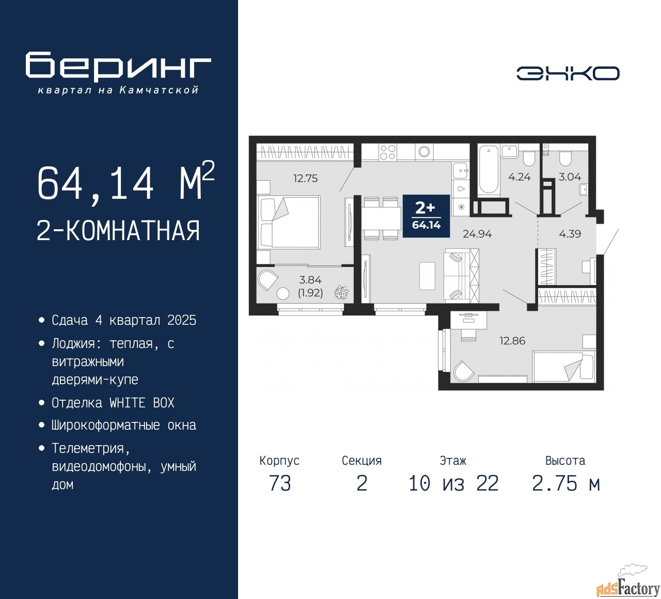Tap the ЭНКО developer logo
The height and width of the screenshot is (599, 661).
pyautogui.click(x=568, y=73)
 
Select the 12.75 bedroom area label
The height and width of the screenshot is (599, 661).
pyautogui.click(x=306, y=178)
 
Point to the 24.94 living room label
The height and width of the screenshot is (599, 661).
pyautogui.click(x=477, y=234)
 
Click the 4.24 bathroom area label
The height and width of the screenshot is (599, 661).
pyautogui.click(x=520, y=177)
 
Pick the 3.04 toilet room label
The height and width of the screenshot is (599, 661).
pyautogui.click(x=570, y=177)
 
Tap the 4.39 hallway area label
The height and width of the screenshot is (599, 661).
pyautogui.click(x=570, y=234)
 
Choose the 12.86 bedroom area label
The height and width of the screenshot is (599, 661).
pyautogui.click(x=512, y=341)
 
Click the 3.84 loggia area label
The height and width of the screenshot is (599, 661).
pyautogui.click(x=310, y=280)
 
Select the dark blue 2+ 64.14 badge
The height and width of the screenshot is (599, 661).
pyautogui.click(x=426, y=216)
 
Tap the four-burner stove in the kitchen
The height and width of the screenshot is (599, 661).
pyautogui.click(x=387, y=152)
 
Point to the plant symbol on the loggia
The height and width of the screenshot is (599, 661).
pyautogui.click(x=341, y=292)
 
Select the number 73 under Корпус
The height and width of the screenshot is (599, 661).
pyautogui.click(x=280, y=483)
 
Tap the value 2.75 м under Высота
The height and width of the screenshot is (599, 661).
pyautogui.click(x=566, y=483)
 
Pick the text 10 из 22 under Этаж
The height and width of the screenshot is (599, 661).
pyautogui.click(x=453, y=483)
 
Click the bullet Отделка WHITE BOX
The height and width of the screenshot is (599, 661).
pyautogui.click(x=113, y=403)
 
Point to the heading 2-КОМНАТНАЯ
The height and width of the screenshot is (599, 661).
pyautogui.click(x=118, y=231)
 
